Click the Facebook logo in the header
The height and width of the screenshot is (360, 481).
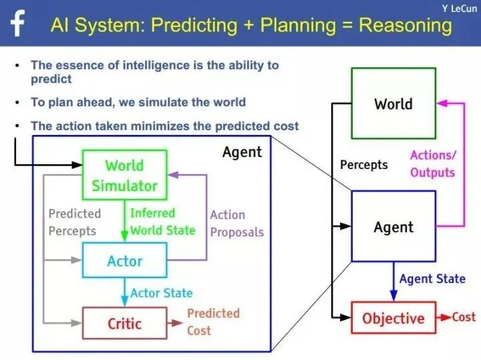17,23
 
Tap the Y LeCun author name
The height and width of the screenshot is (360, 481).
460,8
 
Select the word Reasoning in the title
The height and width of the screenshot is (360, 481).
406,25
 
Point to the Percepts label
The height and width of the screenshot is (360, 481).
364,165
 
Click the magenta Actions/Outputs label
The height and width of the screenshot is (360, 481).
433,164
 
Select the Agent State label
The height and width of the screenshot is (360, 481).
432,279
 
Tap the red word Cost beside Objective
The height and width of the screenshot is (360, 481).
464,317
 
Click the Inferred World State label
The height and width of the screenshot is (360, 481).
163,221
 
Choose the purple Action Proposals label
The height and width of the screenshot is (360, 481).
236,223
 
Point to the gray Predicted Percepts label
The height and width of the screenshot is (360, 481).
75,222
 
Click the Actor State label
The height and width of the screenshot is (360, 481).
162,293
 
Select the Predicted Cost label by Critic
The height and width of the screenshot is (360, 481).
214,322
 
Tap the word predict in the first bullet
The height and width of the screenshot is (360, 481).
51,79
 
